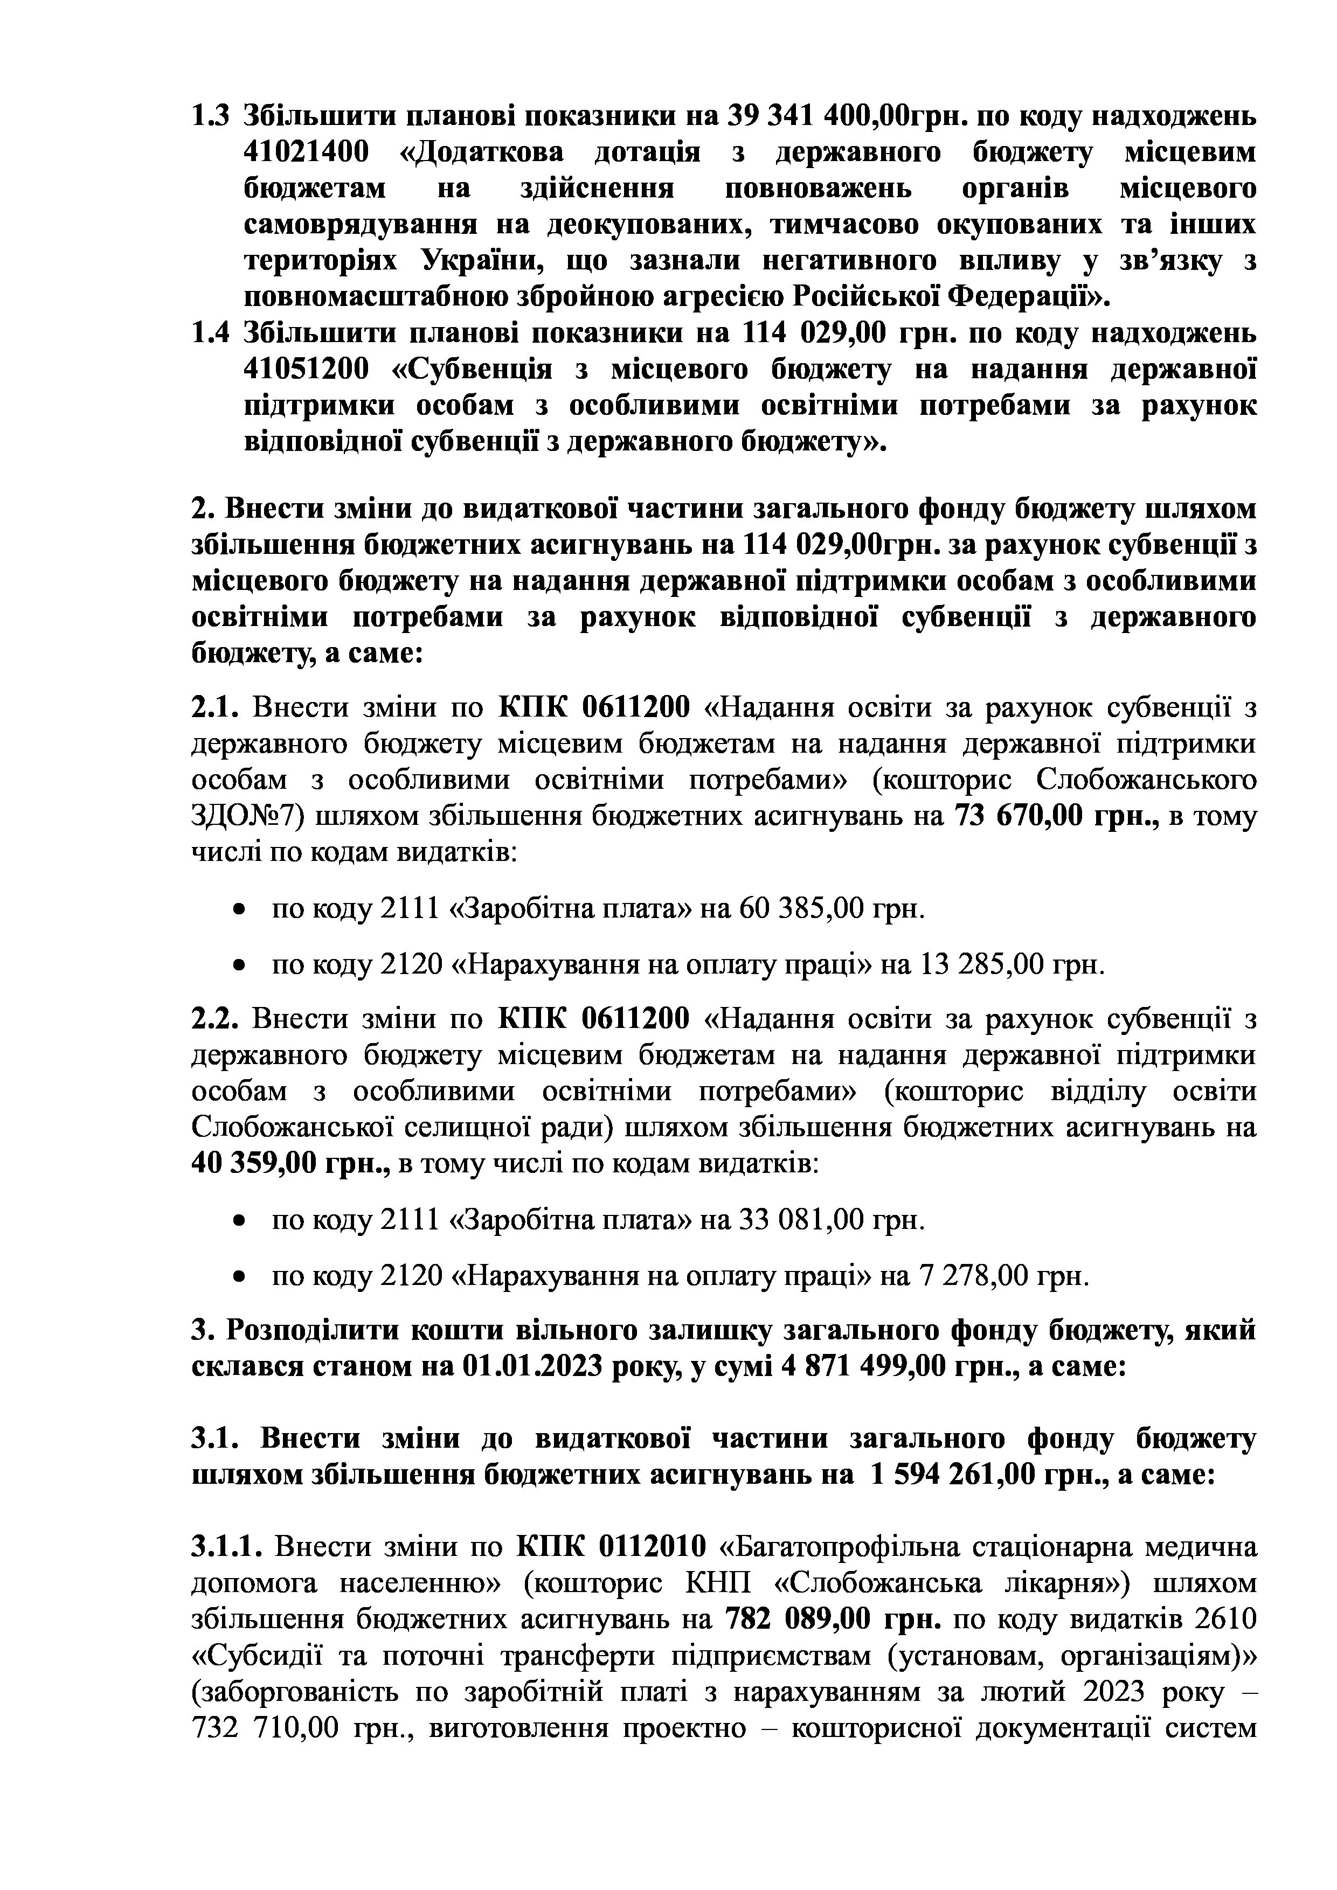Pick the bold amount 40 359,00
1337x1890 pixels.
point(251,1163)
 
